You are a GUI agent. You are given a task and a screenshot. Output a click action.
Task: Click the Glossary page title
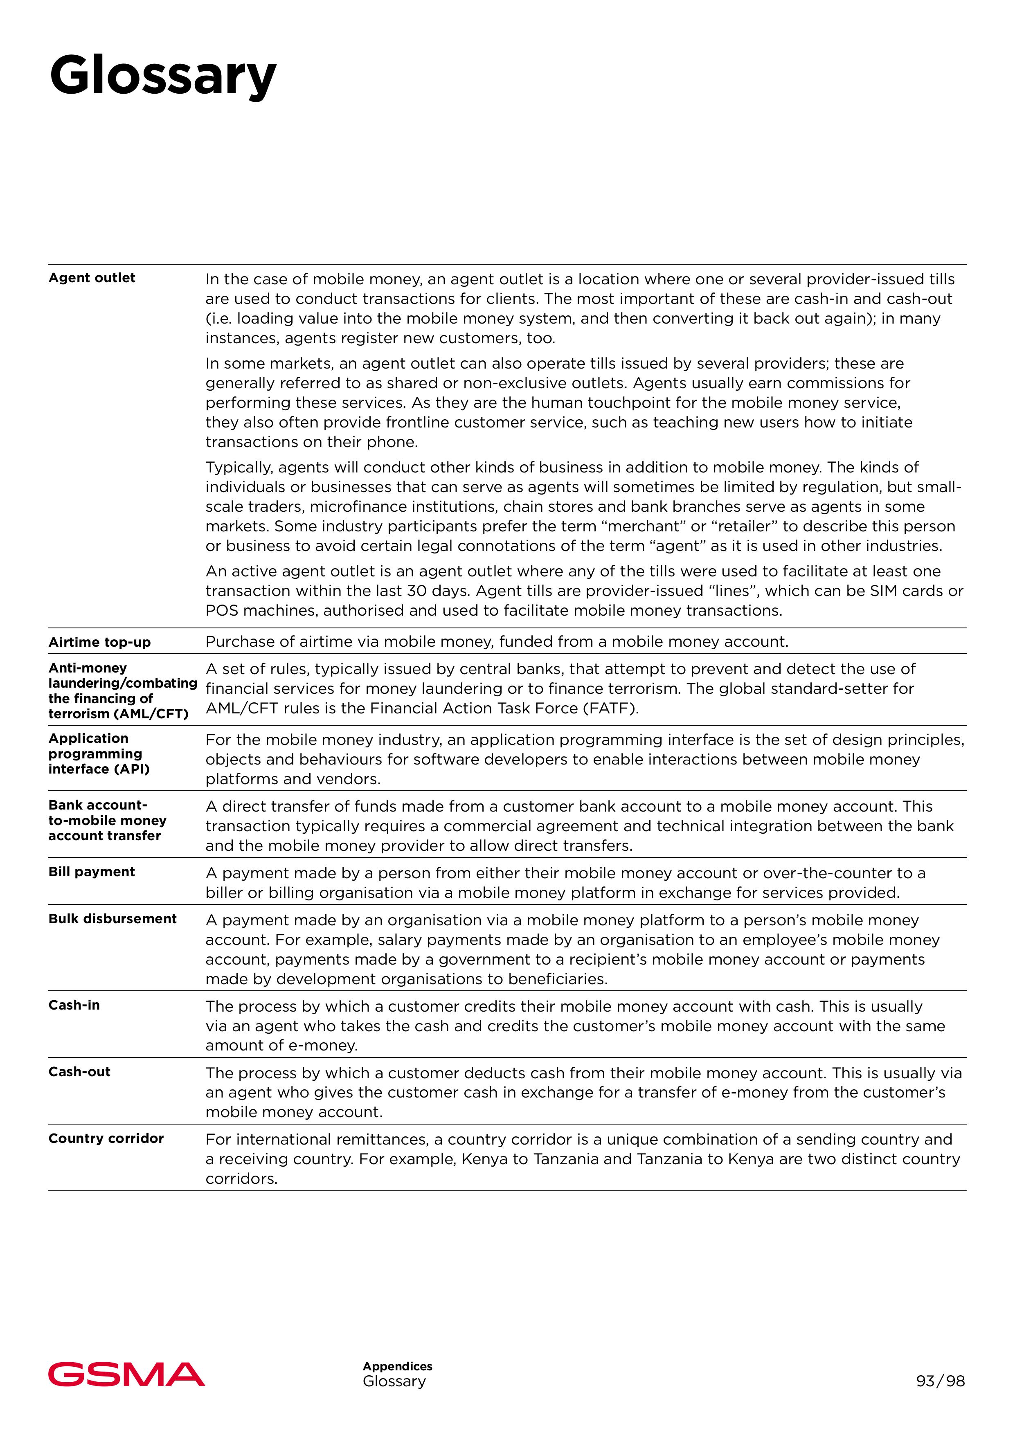pyautogui.click(x=162, y=76)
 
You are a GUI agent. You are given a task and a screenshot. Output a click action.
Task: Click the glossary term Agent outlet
pyautogui.click(x=92, y=278)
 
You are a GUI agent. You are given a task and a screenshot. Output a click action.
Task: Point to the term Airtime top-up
pyautogui.click(x=99, y=643)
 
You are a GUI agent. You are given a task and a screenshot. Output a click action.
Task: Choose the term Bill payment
pyautogui.click(x=92, y=872)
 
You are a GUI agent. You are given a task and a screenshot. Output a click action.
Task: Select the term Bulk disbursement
pyautogui.click(x=113, y=919)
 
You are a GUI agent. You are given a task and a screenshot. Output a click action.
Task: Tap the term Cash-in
pyautogui.click(x=74, y=1005)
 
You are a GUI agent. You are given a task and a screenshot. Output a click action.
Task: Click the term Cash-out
pyautogui.click(x=79, y=1072)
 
